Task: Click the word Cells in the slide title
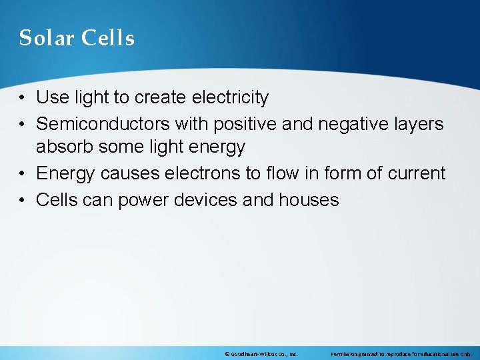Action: (x=108, y=38)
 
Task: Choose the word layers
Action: (x=419, y=123)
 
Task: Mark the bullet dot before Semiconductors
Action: (x=23, y=124)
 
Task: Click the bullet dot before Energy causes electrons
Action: (x=23, y=174)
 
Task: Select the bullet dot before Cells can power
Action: (x=23, y=200)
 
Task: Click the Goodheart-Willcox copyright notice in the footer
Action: (x=261, y=354)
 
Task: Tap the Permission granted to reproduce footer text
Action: (x=401, y=354)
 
